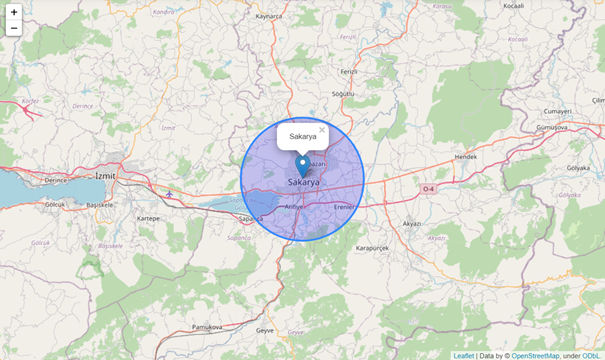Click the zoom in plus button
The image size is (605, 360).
pyautogui.click(x=14, y=12)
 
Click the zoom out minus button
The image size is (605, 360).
pyautogui.click(x=14, y=28)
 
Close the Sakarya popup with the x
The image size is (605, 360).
pyautogui.click(x=322, y=130)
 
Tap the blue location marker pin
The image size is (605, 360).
pyautogui.click(x=303, y=166)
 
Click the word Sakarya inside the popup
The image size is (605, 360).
pyautogui.click(x=303, y=136)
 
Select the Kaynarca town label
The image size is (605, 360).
pyautogui.click(x=270, y=16)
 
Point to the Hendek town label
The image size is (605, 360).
pyautogui.click(x=466, y=157)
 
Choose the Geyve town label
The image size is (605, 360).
pyautogui.click(x=265, y=329)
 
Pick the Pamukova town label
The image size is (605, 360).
pyautogui.click(x=207, y=327)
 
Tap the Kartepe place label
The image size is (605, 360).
pyautogui.click(x=149, y=217)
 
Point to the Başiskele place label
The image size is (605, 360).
pyautogui.click(x=102, y=205)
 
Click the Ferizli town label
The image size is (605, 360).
pyautogui.click(x=348, y=72)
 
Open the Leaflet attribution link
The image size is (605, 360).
pyautogui.click(x=463, y=355)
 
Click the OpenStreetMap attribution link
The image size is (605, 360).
pyautogui.click(x=535, y=355)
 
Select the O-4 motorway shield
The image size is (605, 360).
pyautogui.click(x=428, y=188)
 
